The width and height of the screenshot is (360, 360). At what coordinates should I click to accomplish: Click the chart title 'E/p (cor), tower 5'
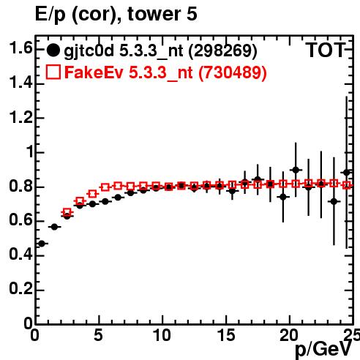(116, 14)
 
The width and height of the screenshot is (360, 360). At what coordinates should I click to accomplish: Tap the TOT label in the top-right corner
(326, 50)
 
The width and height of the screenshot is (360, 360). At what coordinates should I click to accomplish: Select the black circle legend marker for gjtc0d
(53, 50)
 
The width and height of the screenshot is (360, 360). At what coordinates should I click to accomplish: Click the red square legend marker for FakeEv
(53, 72)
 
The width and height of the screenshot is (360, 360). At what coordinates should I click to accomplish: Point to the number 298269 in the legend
(223, 50)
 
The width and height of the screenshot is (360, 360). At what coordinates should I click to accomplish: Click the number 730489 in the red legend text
(233, 72)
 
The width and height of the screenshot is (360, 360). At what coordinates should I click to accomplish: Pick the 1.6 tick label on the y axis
(20, 48)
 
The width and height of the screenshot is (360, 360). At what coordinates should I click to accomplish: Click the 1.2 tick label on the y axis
(20, 117)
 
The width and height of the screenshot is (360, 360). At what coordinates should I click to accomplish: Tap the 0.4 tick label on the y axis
(20, 255)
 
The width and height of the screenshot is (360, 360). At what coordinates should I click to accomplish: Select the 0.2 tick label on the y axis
(20, 289)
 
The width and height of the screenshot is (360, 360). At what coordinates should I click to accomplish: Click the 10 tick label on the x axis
(162, 335)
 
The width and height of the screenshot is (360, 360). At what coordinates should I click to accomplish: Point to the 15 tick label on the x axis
(227, 335)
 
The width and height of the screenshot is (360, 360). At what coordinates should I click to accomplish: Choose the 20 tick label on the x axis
(289, 335)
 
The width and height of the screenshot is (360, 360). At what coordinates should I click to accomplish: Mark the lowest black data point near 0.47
(42, 244)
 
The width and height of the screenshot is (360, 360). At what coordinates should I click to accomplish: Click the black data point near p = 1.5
(54, 227)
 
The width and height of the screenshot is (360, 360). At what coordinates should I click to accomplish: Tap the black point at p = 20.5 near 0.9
(296, 170)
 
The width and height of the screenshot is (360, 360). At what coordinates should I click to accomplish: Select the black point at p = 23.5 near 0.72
(334, 202)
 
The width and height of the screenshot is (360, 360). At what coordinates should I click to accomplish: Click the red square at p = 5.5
(105, 187)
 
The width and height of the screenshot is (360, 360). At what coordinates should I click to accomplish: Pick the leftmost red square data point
(67, 212)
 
